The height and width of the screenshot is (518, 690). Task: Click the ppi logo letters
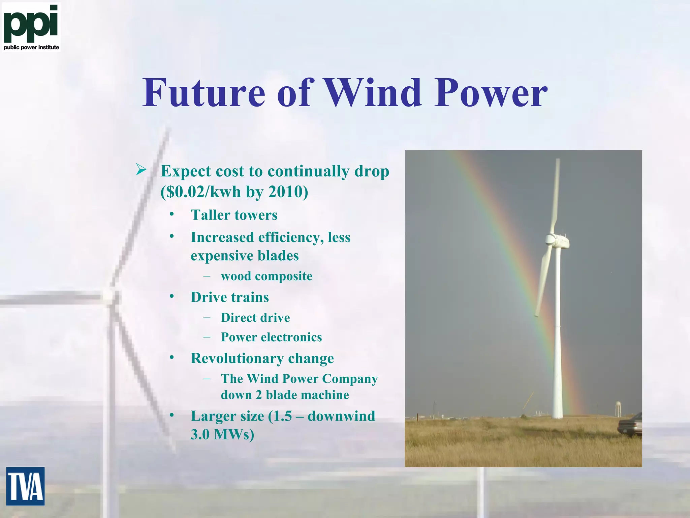[x=31, y=23]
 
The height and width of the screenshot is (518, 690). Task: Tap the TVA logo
[x=25, y=486]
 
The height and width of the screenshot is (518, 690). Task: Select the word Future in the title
[x=204, y=93]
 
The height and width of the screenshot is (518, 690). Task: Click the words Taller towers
[x=234, y=215]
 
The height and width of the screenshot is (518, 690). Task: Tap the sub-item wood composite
[x=266, y=276]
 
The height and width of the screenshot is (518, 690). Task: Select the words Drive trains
[x=229, y=297]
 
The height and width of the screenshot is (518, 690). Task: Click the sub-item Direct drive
[x=255, y=318]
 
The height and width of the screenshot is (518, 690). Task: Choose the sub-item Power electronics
[x=271, y=337]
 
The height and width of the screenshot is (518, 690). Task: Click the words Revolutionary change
[x=262, y=358]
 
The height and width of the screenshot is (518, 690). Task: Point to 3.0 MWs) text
[x=222, y=434]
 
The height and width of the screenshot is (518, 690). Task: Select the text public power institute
[x=31, y=48]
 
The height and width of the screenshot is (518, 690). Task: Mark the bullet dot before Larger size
[x=172, y=415]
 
